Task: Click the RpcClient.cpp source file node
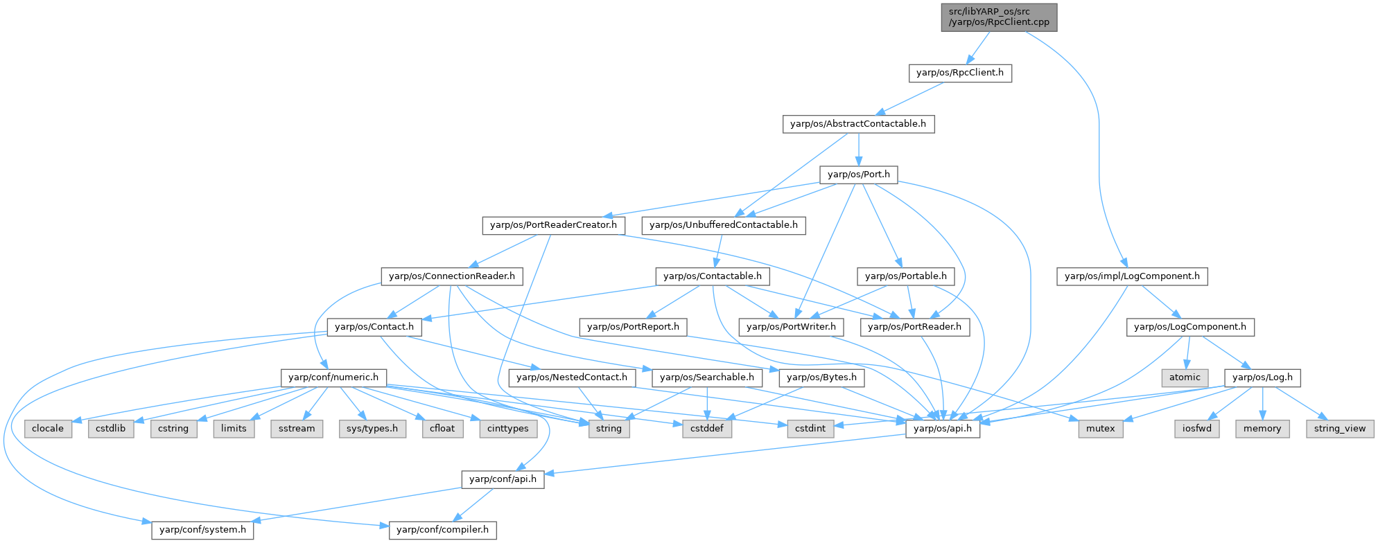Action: tap(999, 17)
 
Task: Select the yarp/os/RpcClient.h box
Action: tap(960, 73)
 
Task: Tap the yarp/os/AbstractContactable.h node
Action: tap(858, 124)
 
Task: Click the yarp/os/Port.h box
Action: tap(858, 175)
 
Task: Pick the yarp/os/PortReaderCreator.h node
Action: tap(553, 225)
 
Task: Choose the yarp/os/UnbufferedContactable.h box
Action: tap(724, 225)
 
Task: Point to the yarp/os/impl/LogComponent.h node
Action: tap(1132, 276)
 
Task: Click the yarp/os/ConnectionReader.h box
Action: tap(452, 276)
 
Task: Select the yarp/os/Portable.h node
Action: tap(905, 276)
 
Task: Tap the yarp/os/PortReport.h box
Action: tap(634, 327)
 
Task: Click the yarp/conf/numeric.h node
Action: tap(333, 377)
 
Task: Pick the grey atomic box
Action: tap(1185, 377)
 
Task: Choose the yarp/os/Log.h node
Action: tap(1263, 377)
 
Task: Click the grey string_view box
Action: tap(1340, 429)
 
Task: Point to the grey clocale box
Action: tap(48, 429)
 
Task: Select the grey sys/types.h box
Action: tap(372, 429)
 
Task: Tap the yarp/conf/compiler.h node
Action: tap(442, 531)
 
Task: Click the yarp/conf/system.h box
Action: tap(202, 531)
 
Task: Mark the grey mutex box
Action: tap(1100, 429)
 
